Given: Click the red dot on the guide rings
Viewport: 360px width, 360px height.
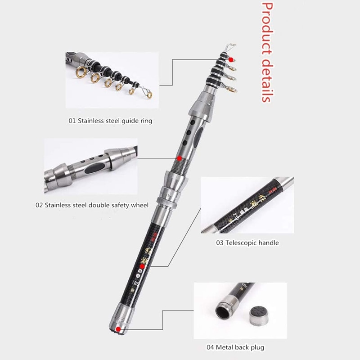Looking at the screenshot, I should click(x=231, y=59).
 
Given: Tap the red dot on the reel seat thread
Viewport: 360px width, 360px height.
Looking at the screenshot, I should click(x=179, y=158).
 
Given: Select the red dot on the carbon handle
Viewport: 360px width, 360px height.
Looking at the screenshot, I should click(x=142, y=267).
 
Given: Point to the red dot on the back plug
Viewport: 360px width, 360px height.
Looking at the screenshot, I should click(x=118, y=329).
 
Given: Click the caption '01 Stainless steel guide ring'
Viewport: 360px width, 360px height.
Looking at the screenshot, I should click(x=110, y=121).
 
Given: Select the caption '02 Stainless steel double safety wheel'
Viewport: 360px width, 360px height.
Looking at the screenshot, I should click(x=92, y=205).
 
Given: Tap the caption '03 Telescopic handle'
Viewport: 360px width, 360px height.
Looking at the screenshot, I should click(x=246, y=243).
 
